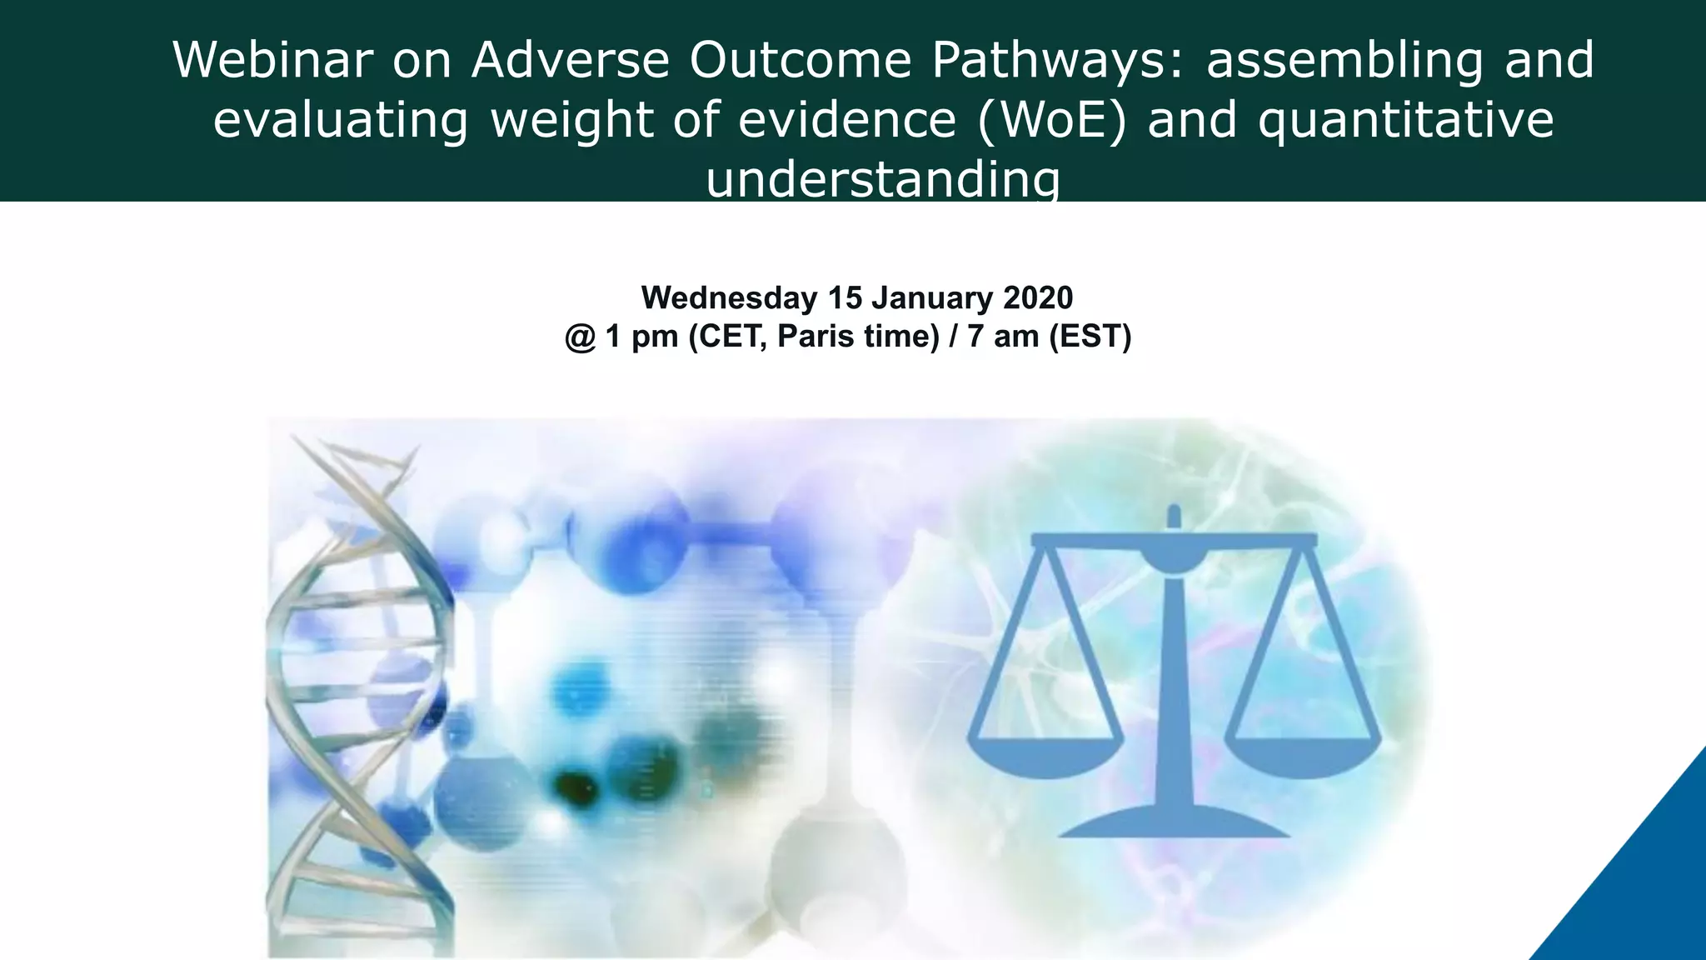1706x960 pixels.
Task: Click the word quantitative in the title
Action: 1405,120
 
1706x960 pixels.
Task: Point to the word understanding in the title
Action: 883,179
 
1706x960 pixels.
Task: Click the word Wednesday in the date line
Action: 729,297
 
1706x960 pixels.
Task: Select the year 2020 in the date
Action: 1038,297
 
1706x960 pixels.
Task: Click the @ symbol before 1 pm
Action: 581,337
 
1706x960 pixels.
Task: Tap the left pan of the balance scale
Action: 1045,754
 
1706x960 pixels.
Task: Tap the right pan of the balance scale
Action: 1303,754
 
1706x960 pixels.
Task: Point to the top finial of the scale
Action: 1174,515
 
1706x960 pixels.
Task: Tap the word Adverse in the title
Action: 571,60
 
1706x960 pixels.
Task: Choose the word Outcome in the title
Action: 801,60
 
